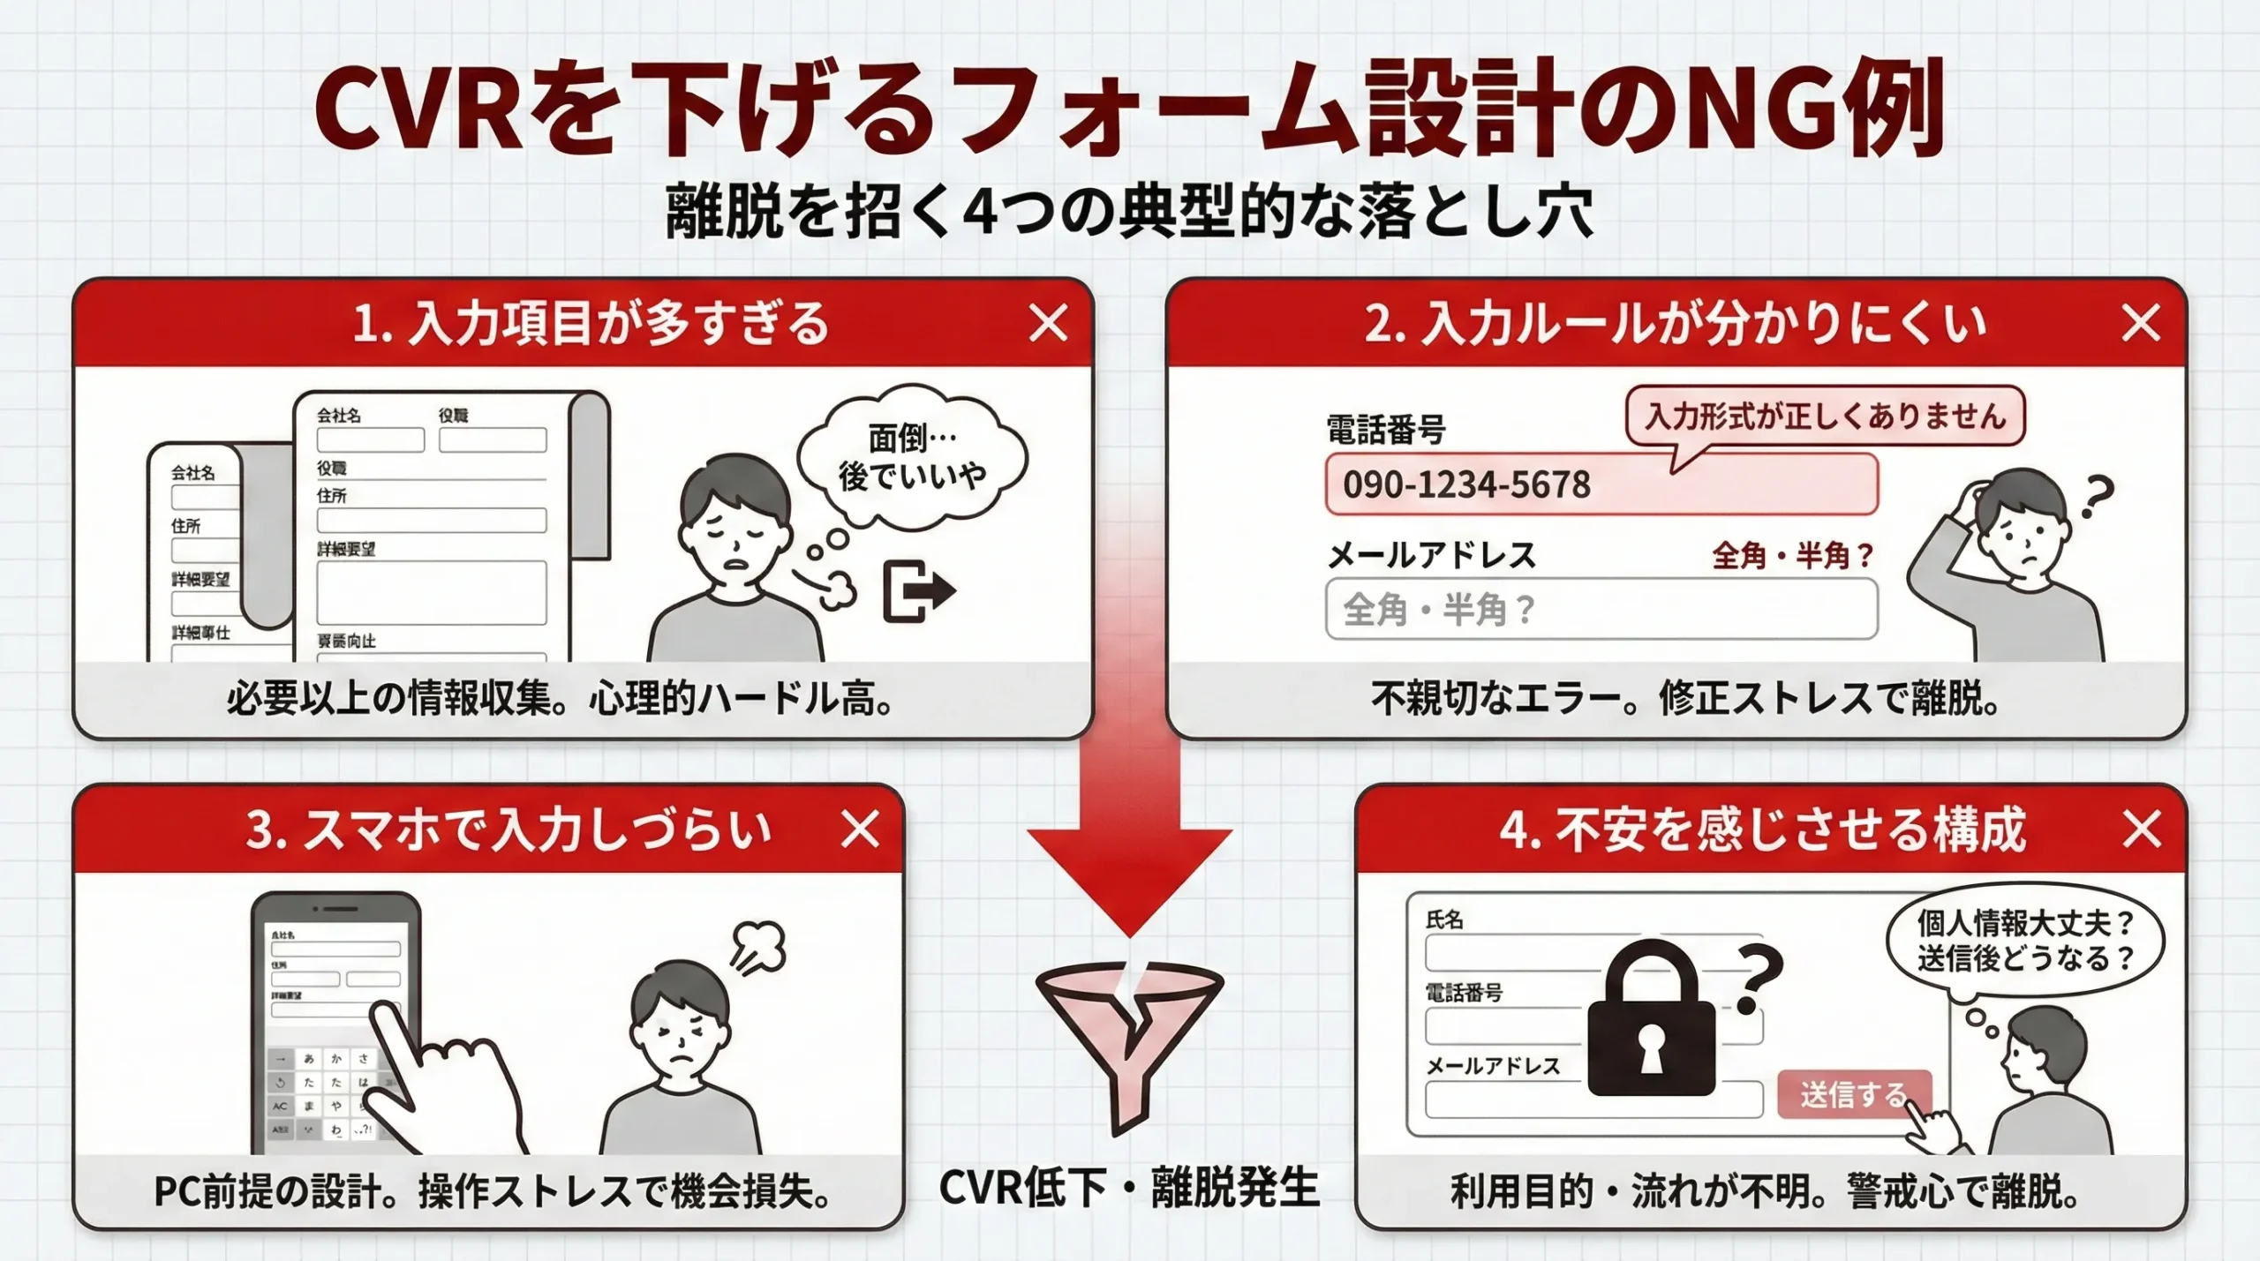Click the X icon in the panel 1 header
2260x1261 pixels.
[x=1048, y=323]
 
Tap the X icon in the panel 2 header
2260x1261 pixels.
[x=2140, y=323]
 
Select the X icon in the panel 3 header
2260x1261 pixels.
[x=860, y=829]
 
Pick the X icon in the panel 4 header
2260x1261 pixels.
[x=2141, y=829]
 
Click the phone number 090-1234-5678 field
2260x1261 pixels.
[x=1601, y=484]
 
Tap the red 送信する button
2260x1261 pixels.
[x=1853, y=1095]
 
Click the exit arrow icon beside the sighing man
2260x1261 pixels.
[x=918, y=590]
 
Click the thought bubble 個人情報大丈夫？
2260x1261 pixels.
[x=2024, y=941]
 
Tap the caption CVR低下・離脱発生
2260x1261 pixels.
[x=1128, y=1188]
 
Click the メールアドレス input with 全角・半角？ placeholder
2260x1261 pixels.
[x=1601, y=609]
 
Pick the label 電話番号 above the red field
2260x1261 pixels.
[x=1385, y=431]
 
